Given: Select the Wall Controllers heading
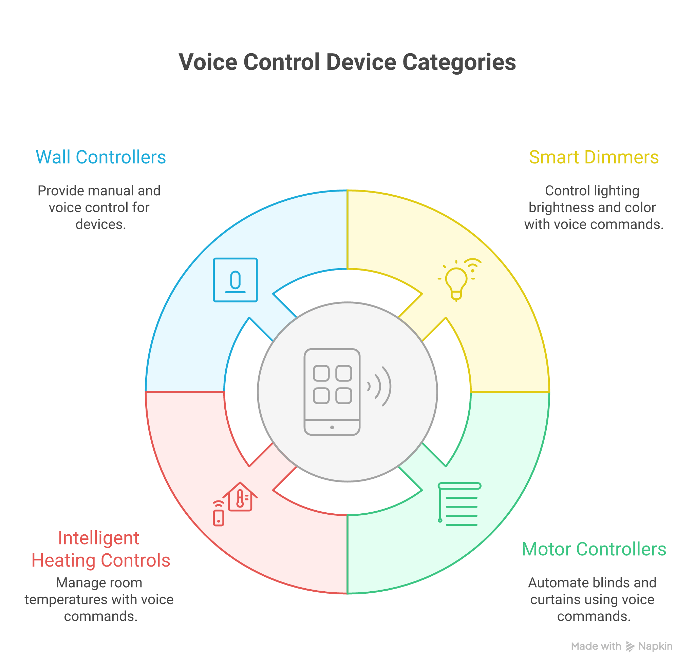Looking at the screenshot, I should [x=101, y=157].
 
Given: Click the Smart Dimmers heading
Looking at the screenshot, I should [x=594, y=157].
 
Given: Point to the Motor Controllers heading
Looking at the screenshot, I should [x=594, y=549].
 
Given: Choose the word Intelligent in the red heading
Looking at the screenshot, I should [x=98, y=538].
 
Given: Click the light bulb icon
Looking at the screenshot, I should [x=456, y=283].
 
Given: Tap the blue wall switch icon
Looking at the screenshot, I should [x=235, y=280].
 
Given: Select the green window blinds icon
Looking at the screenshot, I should [x=459, y=504].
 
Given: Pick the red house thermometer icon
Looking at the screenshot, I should [x=240, y=497].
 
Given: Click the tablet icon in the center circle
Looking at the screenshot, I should [x=332, y=392].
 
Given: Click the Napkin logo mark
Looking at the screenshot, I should [x=630, y=647].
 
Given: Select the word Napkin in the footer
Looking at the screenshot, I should [x=655, y=646].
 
